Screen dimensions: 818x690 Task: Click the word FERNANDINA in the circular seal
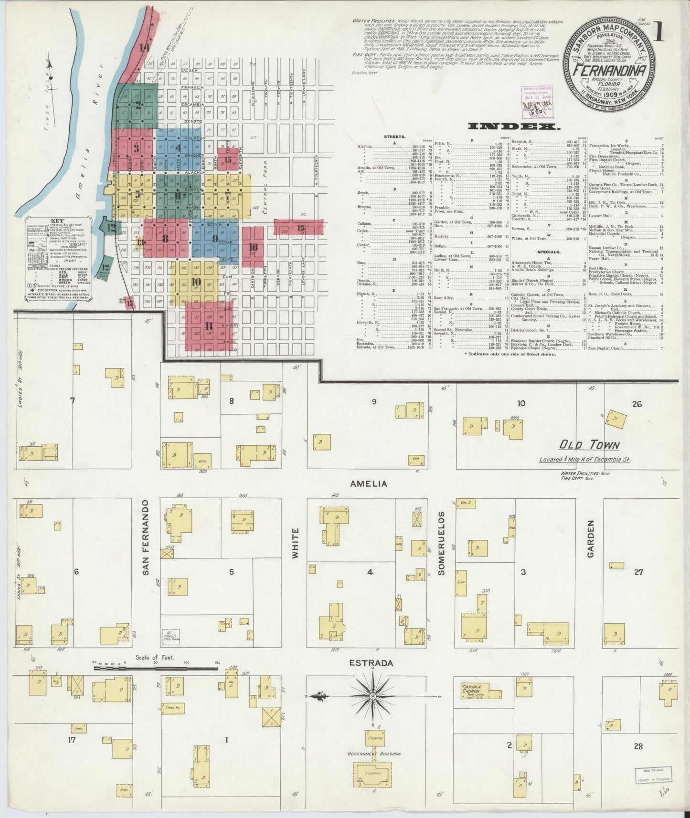click(x=610, y=71)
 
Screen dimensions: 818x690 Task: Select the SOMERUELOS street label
click(x=441, y=543)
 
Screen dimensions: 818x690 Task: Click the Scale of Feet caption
click(x=155, y=658)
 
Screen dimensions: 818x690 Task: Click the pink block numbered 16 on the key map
click(x=253, y=247)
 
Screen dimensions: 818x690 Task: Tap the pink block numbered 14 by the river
click(x=144, y=47)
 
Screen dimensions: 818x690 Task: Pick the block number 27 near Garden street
click(x=638, y=572)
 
